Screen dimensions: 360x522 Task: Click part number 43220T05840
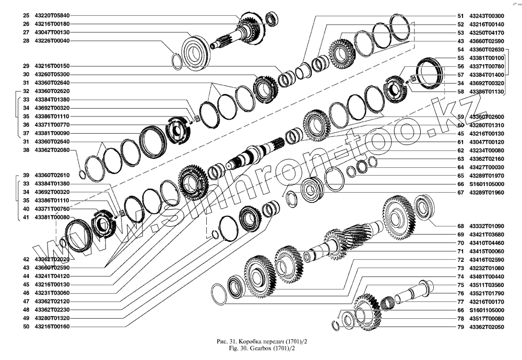coord(52,16)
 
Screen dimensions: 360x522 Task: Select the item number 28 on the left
coord(26,41)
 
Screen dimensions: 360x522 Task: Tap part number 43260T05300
coord(52,74)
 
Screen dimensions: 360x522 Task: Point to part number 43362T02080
coord(52,149)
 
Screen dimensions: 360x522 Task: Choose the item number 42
coord(26,260)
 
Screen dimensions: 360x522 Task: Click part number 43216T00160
coord(52,327)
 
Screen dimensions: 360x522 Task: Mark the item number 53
coord(460,32)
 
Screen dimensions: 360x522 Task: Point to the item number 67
coord(460,192)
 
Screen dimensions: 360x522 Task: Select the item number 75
coord(460,285)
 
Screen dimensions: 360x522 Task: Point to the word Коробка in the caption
coord(242,341)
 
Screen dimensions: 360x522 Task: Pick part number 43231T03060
coord(52,293)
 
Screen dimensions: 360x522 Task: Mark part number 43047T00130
coord(52,32)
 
